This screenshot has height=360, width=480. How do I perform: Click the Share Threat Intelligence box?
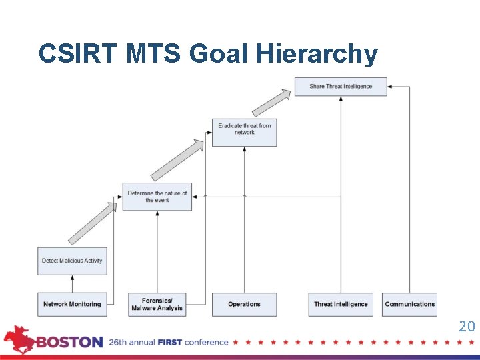(x=341, y=87)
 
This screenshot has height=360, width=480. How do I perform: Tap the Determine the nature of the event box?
(x=157, y=197)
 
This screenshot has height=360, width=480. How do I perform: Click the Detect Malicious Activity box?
(x=72, y=261)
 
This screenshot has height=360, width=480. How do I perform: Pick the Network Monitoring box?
(x=72, y=304)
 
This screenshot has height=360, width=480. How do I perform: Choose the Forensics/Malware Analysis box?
(x=157, y=304)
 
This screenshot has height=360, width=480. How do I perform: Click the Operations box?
(x=244, y=304)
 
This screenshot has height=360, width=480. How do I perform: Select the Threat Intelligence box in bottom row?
(x=341, y=304)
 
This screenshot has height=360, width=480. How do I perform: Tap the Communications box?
(x=409, y=304)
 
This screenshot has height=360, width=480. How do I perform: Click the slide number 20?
(x=467, y=326)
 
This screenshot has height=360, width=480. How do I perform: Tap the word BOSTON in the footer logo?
(x=69, y=342)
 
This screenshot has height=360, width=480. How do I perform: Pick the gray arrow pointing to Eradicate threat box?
(x=177, y=160)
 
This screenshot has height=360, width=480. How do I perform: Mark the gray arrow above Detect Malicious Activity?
(x=93, y=223)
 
